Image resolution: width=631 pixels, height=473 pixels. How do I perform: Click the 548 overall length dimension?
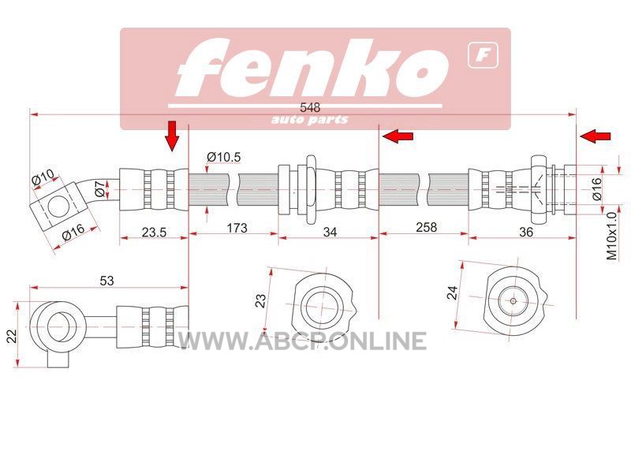tap(310, 108)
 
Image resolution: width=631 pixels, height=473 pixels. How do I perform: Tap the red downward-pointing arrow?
tap(172, 136)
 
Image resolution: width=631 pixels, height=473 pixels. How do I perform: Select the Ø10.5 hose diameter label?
tap(224, 157)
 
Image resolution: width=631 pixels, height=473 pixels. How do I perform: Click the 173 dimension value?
tap(237, 228)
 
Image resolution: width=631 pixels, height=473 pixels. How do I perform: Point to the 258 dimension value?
tap(426, 228)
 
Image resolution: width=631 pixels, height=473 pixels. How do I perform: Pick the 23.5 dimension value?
tap(154, 232)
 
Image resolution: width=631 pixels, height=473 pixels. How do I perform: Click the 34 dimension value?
tap(330, 232)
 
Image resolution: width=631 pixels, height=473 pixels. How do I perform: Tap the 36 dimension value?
tap(526, 232)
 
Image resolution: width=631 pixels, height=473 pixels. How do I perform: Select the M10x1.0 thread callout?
tap(612, 236)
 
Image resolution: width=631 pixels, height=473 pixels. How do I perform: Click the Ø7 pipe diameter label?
tap(101, 188)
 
